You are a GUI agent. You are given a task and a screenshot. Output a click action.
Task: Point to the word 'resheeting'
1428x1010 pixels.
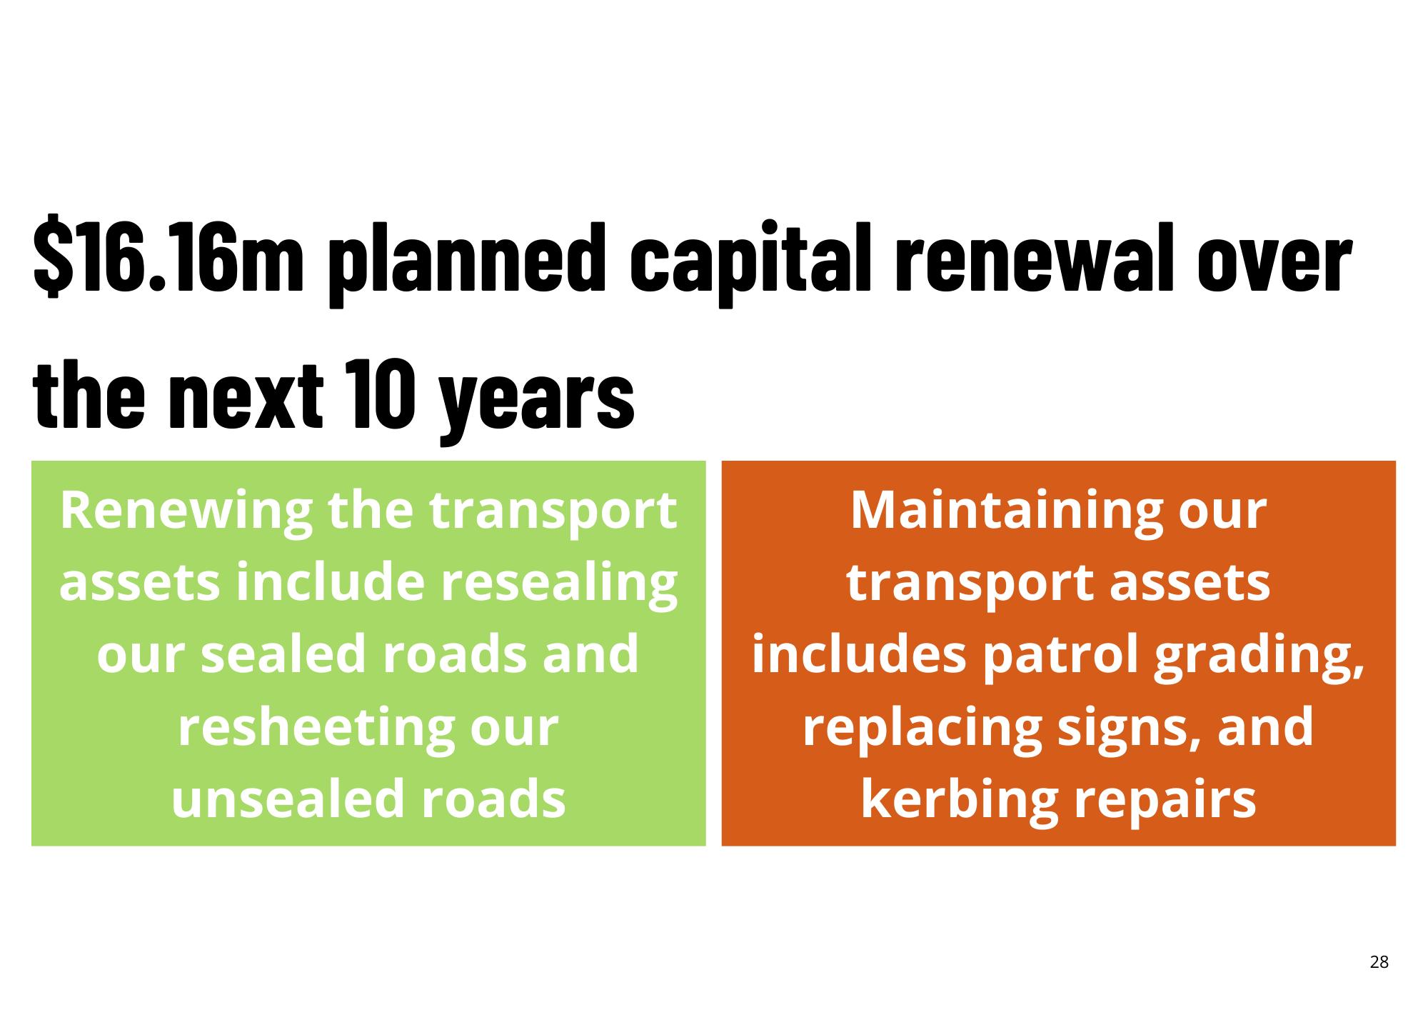pos(308,729)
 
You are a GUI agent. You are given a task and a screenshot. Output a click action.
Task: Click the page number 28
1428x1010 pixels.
pos(1379,962)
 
